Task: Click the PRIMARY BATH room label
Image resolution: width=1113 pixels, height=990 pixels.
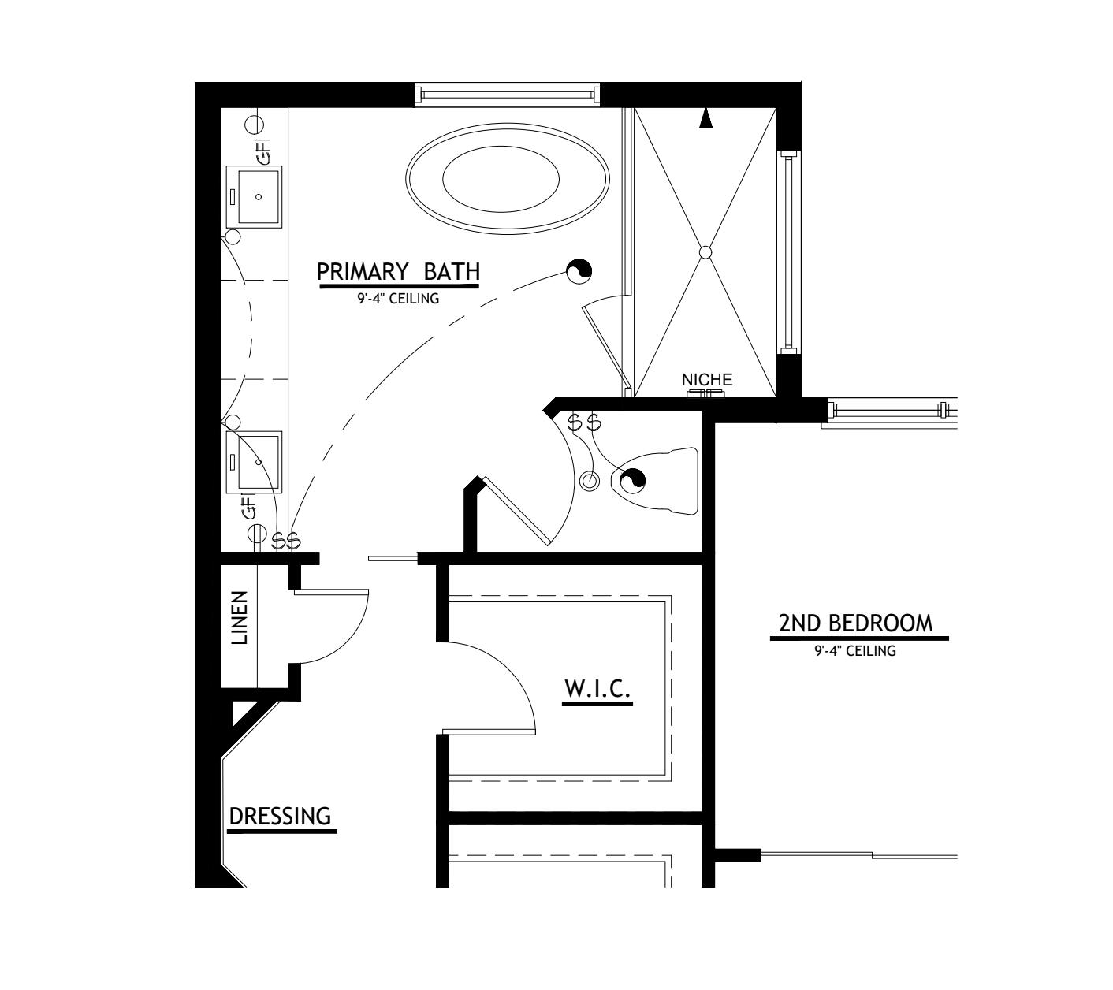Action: pos(398,272)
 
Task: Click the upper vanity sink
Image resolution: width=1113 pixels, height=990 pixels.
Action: pos(254,196)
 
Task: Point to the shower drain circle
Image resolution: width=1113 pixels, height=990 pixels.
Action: pos(705,252)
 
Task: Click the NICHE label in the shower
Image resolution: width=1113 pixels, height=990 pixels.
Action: pos(707,380)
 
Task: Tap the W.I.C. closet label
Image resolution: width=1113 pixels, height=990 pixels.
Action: pos(597,689)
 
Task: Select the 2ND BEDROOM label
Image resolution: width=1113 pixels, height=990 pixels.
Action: pos(855,623)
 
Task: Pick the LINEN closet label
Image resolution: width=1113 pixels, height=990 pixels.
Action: pos(240,619)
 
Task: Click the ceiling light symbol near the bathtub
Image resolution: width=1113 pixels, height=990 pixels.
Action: pos(579,272)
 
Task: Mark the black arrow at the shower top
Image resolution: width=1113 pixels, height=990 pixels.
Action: pos(706,118)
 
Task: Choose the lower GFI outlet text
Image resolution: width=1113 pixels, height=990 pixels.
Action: pos(249,507)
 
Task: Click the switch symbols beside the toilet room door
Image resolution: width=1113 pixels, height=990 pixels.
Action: pos(585,423)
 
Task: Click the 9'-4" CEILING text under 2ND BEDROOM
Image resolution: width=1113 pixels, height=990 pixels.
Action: pos(855,651)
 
